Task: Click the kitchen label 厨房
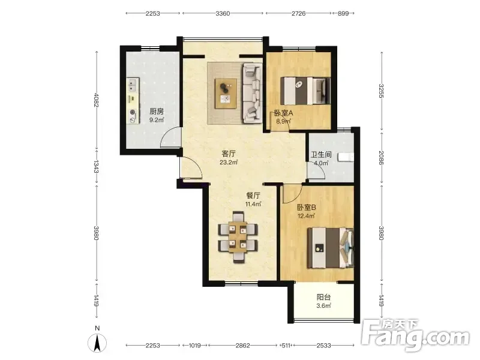(157, 112)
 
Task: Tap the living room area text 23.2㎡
(229, 162)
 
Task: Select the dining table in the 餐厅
(238, 237)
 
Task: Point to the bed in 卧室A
(305, 91)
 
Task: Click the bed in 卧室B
(331, 248)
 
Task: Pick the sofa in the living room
(252, 93)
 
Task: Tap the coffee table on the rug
(226, 94)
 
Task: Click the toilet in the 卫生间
(346, 157)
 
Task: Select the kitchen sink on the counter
(133, 85)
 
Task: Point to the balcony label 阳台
(323, 297)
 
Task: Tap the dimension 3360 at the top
(223, 13)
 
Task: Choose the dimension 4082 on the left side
(96, 100)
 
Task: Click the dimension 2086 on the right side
(381, 157)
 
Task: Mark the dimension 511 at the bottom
(286, 346)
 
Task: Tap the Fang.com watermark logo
(415, 335)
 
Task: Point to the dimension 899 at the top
(343, 13)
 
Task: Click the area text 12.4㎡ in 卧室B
(307, 216)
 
